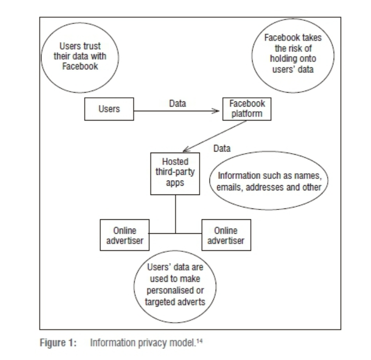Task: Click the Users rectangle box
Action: (x=109, y=110)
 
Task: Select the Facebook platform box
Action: (x=247, y=108)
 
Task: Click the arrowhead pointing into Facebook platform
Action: (x=218, y=110)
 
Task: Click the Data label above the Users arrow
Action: (x=177, y=103)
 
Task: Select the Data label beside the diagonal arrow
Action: (x=222, y=148)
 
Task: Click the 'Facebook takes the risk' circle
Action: (x=293, y=54)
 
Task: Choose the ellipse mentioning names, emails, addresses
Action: (x=270, y=180)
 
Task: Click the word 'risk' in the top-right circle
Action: (x=302, y=50)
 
